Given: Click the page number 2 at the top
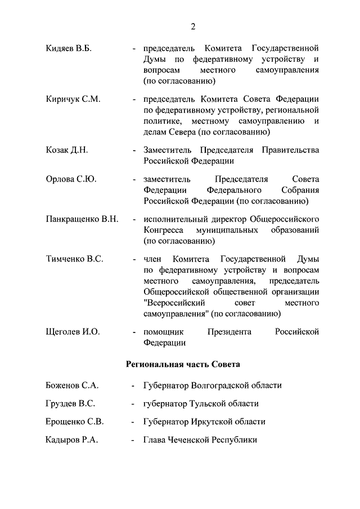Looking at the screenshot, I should (x=193, y=26).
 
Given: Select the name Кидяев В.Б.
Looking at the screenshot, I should (x=68, y=48).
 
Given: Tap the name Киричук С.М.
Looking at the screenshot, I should (x=73, y=99).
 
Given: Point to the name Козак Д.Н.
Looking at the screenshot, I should (x=66, y=150).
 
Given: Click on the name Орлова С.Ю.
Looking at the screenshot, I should (x=70, y=179).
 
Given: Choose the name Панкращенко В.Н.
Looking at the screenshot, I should (x=82, y=219).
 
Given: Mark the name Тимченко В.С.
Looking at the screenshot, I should (x=74, y=259).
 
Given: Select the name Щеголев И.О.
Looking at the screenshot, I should (x=73, y=332).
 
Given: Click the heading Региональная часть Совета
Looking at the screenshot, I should (x=183, y=364).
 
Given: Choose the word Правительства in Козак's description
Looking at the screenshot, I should (x=289, y=150).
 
